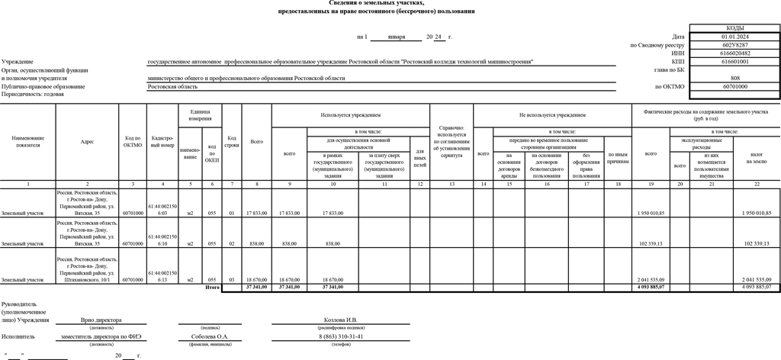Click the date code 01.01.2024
coord(734,37)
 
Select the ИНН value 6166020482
coord(734,53)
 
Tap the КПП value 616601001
coord(734,62)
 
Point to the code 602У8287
coord(734,45)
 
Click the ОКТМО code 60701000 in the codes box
coord(734,87)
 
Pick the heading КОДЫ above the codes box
coord(734,27)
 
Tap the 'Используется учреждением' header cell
coord(350,115)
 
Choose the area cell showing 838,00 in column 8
coord(257,243)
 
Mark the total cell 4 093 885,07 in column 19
coord(651,288)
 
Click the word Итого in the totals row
coord(212,288)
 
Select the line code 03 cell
coord(231,280)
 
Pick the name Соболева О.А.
coord(209,336)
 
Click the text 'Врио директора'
coord(102,320)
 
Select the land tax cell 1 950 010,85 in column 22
coord(757,213)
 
